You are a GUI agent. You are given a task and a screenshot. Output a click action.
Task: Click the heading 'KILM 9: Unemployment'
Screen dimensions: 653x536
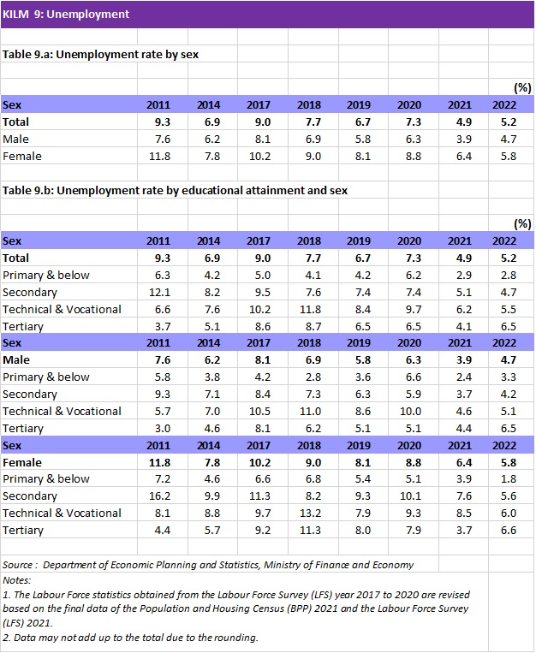pyautogui.click(x=67, y=14)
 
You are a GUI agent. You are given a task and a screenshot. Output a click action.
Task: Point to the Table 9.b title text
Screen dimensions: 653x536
pyautogui.click(x=175, y=190)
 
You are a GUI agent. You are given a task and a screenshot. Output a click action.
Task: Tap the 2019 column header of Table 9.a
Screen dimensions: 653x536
pyautogui.click(x=359, y=105)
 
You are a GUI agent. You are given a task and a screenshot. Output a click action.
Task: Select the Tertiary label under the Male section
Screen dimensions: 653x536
pyautogui.click(x=23, y=429)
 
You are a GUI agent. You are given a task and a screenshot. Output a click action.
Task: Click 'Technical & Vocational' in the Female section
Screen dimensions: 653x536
pyautogui.click(x=62, y=513)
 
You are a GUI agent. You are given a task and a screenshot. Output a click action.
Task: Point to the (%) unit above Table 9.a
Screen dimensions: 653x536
pyautogui.click(x=521, y=88)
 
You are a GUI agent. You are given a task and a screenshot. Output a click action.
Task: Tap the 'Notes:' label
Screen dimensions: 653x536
pyautogui.click(x=16, y=579)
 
